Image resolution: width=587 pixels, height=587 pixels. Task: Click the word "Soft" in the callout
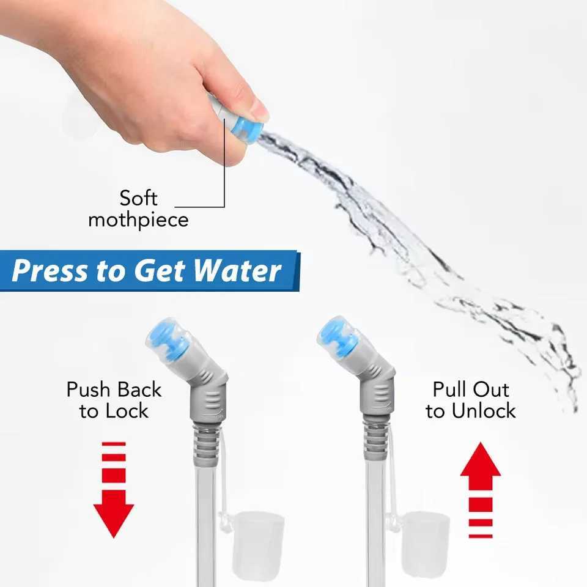(139, 198)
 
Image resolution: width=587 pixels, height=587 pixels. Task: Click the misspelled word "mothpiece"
(139, 220)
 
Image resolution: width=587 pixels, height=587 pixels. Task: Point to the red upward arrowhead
(481, 459)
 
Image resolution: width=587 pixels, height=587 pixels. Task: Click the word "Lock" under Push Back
(127, 411)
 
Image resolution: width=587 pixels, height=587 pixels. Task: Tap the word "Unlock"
(483, 411)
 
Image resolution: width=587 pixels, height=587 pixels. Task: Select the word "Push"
(88, 389)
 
